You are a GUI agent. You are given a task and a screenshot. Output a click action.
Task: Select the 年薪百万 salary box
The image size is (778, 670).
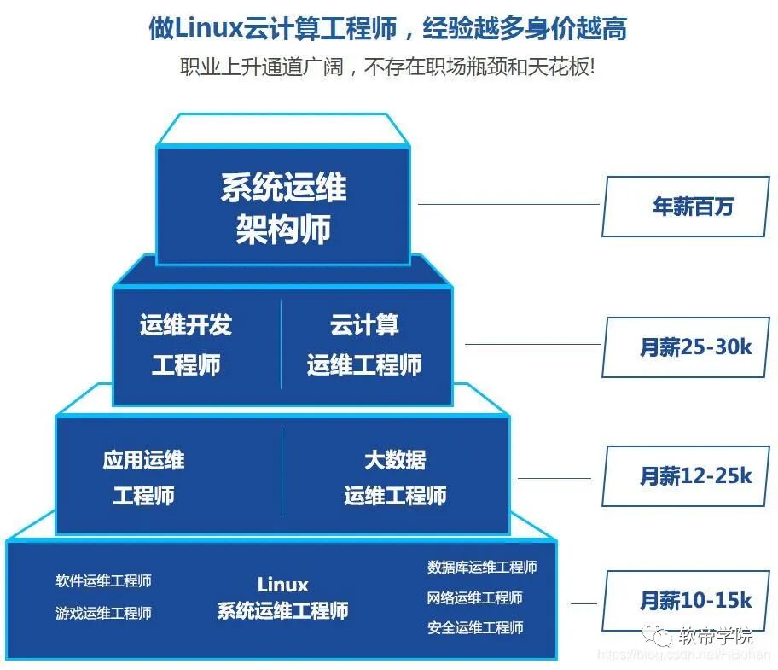[x=686, y=207]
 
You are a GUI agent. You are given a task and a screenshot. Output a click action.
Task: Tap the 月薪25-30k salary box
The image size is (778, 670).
[x=686, y=347]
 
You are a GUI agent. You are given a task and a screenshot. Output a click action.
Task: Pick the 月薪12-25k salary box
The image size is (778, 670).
[x=686, y=475]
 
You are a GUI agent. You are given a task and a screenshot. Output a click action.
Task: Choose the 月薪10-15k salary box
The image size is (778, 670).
[x=686, y=601]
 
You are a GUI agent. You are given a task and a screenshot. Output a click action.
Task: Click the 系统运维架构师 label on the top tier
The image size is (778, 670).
[x=283, y=208]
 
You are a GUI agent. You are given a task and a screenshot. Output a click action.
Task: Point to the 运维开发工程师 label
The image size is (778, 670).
[x=186, y=345]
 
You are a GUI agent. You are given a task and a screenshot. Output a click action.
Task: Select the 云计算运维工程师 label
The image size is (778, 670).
[x=364, y=345]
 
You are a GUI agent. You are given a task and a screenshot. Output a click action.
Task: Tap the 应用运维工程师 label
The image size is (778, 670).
[x=143, y=478]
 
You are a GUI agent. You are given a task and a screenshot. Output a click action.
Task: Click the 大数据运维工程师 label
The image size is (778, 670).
[x=395, y=478]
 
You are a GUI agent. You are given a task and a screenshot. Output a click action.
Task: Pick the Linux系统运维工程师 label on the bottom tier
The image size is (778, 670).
[x=282, y=598]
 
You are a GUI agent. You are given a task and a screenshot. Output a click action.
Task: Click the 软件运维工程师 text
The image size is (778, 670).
[x=104, y=581]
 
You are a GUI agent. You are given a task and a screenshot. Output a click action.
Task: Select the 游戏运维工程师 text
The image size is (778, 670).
[x=104, y=613]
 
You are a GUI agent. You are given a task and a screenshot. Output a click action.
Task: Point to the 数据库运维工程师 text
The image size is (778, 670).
[x=482, y=568]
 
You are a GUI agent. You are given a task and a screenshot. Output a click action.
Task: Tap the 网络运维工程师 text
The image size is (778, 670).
[x=475, y=597]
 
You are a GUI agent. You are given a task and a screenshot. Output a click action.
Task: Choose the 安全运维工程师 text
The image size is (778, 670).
[x=475, y=628]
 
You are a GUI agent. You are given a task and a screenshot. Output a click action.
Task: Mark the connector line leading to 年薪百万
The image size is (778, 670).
[x=508, y=205]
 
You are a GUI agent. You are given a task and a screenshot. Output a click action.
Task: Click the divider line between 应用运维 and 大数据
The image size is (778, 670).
[x=282, y=473]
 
